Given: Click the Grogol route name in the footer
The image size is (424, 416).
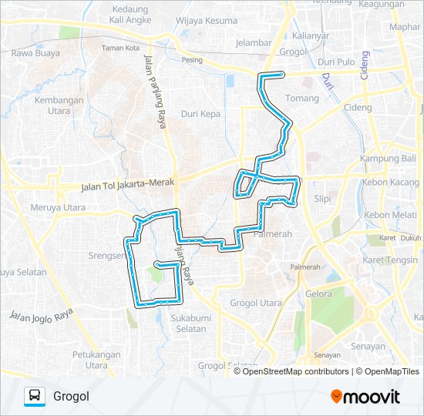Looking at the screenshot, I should coord(72,397).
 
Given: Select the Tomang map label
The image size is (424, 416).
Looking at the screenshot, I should coord(301,99).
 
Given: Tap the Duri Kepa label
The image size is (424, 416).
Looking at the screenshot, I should coord(200,114).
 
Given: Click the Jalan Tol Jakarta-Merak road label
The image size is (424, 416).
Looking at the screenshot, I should coord(128,186).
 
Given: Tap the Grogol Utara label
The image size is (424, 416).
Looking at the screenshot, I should coord(257,304).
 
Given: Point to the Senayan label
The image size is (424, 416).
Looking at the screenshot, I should coord(367,347).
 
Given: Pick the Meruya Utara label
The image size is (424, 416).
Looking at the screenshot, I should coord(58,207).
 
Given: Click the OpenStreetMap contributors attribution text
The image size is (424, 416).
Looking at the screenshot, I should coord(294,371).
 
